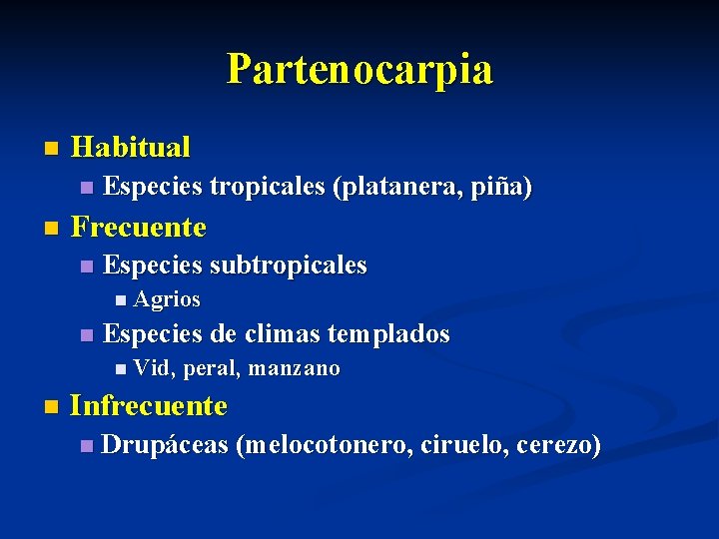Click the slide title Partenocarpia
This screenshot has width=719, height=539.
359,70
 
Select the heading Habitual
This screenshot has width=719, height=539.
131,148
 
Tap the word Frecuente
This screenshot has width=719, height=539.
139,227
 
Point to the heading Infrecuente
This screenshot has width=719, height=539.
149,406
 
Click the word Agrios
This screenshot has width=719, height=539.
167,299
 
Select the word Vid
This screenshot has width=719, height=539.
154,369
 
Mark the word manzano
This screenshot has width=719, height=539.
295,369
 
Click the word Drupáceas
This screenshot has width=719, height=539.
166,445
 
